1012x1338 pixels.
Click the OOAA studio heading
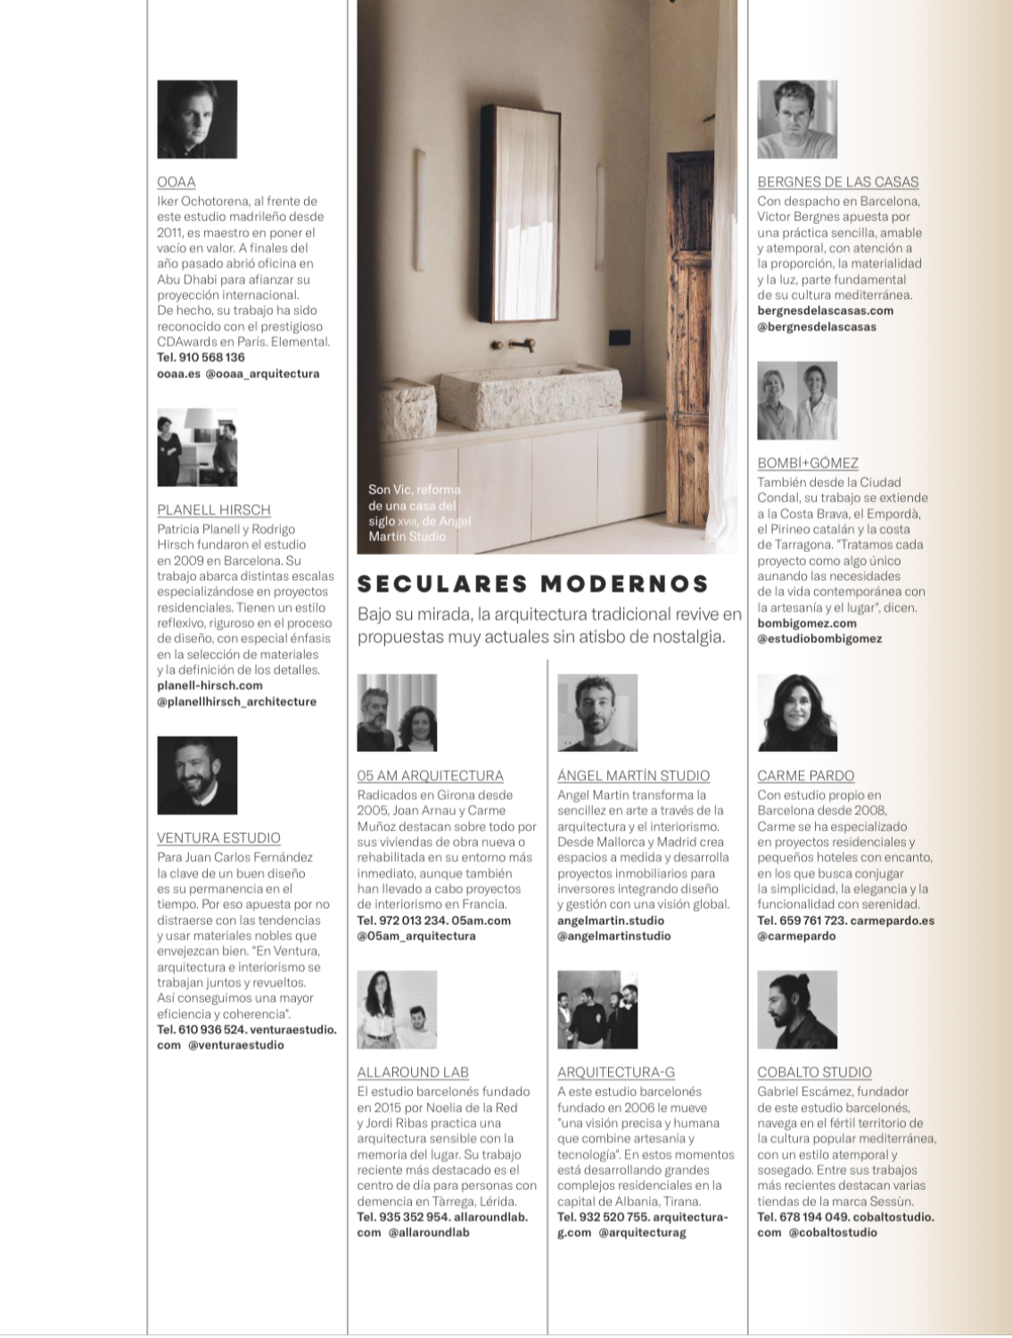(177, 182)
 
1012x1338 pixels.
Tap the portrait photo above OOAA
(197, 120)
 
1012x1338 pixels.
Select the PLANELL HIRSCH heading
(214, 510)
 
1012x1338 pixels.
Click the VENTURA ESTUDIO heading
(218, 838)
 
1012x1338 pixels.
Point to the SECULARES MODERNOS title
(533, 584)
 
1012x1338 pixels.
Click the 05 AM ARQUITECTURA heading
(430, 776)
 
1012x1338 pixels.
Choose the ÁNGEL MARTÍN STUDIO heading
(633, 776)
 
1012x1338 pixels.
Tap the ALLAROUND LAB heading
(413, 1073)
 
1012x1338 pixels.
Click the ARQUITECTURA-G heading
(616, 1073)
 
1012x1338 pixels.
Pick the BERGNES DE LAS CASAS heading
(837, 182)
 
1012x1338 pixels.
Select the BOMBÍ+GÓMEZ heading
(808, 463)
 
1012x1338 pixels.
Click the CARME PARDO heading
(805, 776)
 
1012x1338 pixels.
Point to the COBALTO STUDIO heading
(814, 1073)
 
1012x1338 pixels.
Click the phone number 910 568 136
(210, 358)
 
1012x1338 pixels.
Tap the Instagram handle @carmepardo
(796, 937)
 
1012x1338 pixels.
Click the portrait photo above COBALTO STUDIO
(797, 1010)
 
